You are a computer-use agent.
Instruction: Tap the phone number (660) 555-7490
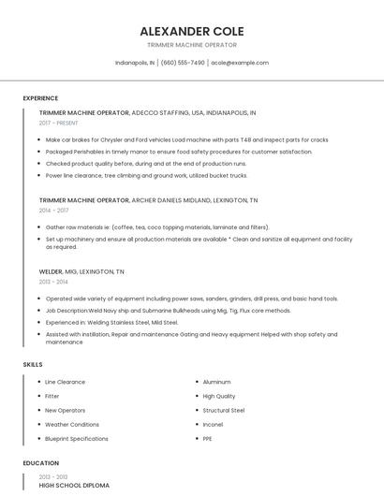pos(183,63)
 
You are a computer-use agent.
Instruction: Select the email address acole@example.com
pos(240,63)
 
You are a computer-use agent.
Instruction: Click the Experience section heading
pos(40,98)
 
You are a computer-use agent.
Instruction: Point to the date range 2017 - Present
pos(59,123)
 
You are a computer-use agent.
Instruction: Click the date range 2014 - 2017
pos(53,211)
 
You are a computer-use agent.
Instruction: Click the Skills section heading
pos(32,364)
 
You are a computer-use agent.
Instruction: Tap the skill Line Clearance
pos(65,382)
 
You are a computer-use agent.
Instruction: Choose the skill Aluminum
pos(216,382)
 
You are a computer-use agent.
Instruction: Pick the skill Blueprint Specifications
pos(77,438)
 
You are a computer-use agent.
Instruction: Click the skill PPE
pos(208,438)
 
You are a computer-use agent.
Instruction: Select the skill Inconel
pos(213,424)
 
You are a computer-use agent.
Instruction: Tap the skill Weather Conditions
pos(71,424)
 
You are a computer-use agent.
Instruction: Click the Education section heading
pos(40,463)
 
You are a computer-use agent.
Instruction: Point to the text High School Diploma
pos(74,486)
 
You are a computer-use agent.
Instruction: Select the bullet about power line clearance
pos(146,175)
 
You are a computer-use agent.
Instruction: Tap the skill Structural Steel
pos(223,410)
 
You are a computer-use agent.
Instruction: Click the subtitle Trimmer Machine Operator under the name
pos(191,45)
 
